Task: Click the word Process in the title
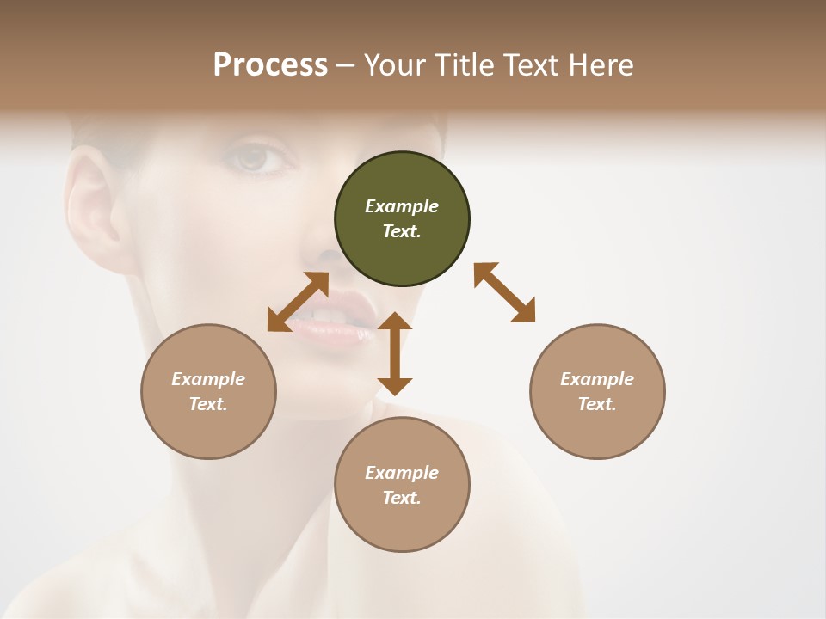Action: pyautogui.click(x=270, y=65)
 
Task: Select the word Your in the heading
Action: pyautogui.click(x=395, y=65)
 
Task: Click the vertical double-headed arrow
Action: pyautogui.click(x=395, y=353)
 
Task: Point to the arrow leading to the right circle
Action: pyautogui.click(x=505, y=292)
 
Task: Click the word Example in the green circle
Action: pyautogui.click(x=402, y=206)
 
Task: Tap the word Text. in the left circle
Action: pyautogui.click(x=208, y=404)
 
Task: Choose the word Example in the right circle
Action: pyautogui.click(x=597, y=379)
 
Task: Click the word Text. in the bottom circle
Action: pyautogui.click(x=402, y=498)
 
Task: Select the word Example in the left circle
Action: pyautogui.click(x=208, y=379)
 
